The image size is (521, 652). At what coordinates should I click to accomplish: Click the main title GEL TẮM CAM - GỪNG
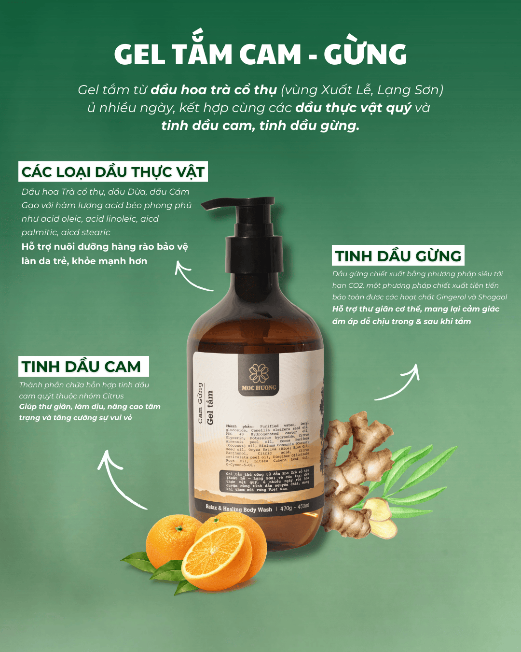click(x=260, y=54)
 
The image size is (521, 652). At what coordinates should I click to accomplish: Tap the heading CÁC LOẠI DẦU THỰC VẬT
click(x=113, y=172)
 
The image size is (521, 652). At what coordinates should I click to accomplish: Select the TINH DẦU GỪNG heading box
click(x=398, y=256)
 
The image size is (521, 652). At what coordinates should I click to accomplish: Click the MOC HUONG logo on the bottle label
click(x=259, y=376)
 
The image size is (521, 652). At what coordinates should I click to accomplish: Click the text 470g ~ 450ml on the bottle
click(x=294, y=508)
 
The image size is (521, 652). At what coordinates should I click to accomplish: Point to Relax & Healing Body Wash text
click(x=239, y=509)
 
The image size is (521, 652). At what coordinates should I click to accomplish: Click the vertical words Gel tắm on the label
click(x=210, y=408)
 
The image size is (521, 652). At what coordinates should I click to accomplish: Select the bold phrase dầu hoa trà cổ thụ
click(x=214, y=90)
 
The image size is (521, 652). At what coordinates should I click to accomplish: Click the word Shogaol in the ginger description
click(x=492, y=297)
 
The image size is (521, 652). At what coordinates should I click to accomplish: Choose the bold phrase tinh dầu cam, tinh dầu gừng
click(x=260, y=126)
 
